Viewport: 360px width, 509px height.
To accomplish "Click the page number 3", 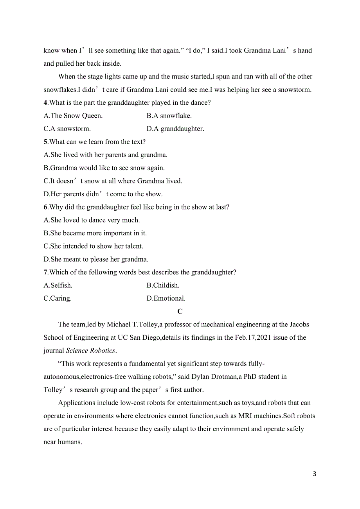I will pos(315,474).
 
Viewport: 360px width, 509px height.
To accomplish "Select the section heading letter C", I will pos(180,312).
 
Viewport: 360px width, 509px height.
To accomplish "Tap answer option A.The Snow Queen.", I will pos(73,116).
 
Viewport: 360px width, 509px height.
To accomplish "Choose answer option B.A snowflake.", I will pos(169,116).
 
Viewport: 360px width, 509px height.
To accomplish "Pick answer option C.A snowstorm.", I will pos(67,129).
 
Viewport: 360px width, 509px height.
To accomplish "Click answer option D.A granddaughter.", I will pos(175,129).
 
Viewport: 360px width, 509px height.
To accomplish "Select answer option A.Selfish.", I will pos(58,285).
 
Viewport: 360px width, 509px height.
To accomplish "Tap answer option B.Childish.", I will pos(163,285).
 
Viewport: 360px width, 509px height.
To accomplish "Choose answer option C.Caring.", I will pos(58,298).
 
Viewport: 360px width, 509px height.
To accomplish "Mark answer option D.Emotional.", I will pos(166,298).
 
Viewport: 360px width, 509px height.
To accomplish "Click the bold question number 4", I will pos(45,103).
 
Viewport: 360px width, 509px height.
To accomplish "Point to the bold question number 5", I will pos(45,142).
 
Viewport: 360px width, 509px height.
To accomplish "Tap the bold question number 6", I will pos(45,207).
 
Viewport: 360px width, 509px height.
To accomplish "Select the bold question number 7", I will pos(45,272).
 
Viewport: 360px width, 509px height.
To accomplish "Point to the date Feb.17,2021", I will pos(253,338).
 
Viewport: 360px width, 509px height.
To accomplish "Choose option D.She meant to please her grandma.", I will pos(96,259).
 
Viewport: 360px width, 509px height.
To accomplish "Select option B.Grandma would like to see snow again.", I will pos(104,168).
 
